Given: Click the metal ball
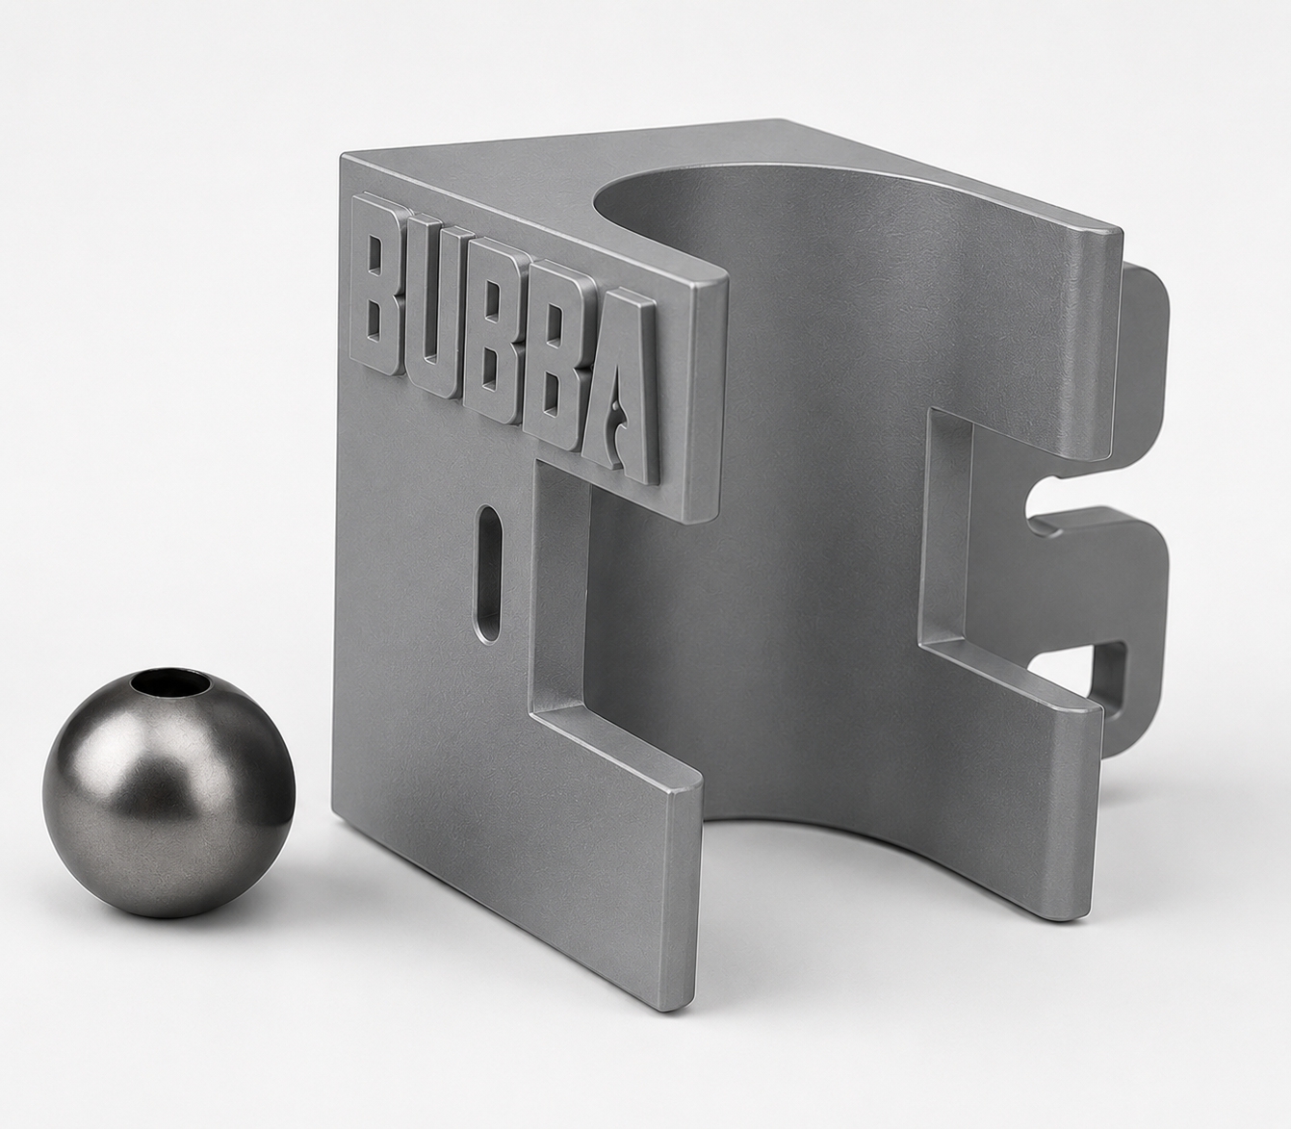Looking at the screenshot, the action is [168, 791].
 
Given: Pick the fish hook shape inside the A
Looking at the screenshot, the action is [615, 423].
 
